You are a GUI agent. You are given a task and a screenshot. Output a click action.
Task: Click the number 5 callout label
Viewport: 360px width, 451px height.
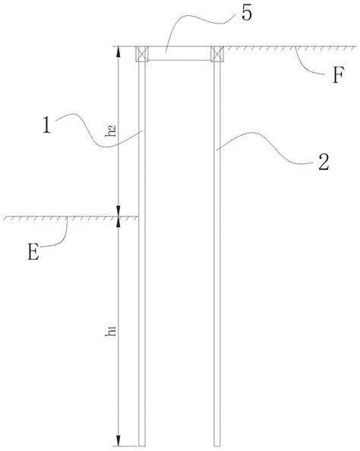[x=247, y=13]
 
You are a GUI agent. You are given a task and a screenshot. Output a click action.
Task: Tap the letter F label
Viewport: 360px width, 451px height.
[x=338, y=75]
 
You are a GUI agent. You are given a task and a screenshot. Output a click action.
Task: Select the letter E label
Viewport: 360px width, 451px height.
[x=33, y=251]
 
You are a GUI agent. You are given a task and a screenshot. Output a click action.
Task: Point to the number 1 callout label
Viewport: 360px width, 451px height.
[x=46, y=125]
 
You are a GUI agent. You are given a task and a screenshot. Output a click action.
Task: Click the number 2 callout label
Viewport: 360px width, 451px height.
[x=324, y=162]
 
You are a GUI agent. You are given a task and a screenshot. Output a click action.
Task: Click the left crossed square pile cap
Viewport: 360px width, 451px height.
[x=142, y=54]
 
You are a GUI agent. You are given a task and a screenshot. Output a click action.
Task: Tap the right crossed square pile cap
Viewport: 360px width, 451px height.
[x=217, y=54]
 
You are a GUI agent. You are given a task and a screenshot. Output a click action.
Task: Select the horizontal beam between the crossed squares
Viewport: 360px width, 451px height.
[x=179, y=53]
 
